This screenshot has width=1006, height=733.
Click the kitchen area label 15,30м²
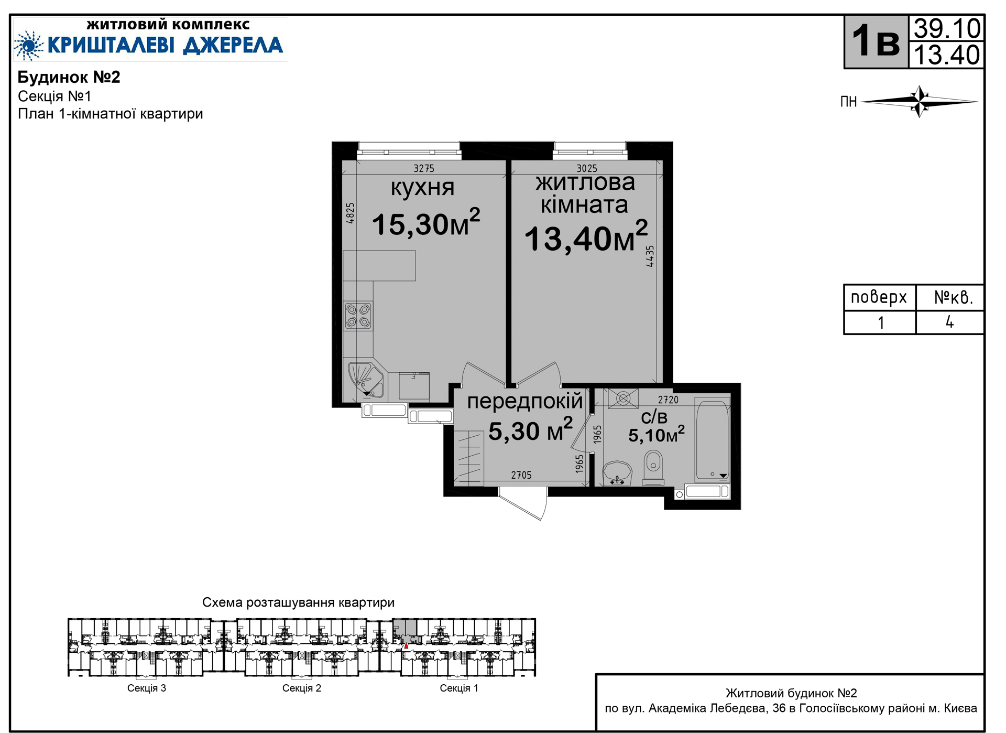click(x=426, y=223)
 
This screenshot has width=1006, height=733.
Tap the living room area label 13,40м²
click(x=586, y=237)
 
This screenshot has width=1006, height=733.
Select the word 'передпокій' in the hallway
click(x=525, y=401)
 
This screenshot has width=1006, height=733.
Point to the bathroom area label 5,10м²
click(x=657, y=434)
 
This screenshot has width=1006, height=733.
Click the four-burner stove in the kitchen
click(x=358, y=316)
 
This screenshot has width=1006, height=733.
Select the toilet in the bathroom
click(x=653, y=467)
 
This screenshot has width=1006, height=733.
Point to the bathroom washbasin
click(x=617, y=473)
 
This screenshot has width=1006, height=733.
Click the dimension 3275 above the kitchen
click(x=424, y=168)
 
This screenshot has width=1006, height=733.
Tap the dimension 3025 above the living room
click(x=587, y=168)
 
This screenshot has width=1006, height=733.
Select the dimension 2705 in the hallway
click(x=521, y=475)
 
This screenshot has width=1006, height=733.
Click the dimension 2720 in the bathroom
click(x=668, y=400)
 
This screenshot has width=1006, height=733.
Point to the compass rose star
click(x=920, y=101)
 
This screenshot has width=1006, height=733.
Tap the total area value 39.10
click(x=947, y=28)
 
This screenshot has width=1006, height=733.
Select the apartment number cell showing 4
click(x=949, y=322)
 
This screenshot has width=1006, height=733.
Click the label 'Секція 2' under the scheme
click(x=302, y=688)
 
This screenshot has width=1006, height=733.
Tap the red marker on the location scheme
click(x=406, y=646)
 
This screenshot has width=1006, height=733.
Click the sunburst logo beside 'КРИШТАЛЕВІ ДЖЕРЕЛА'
click(x=29, y=45)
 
